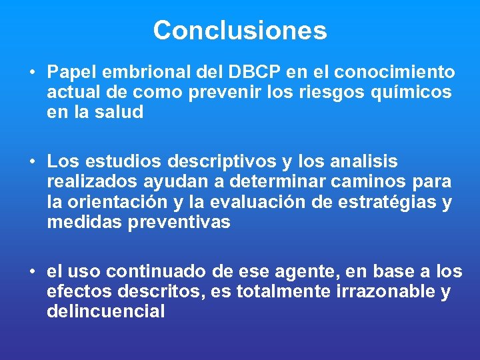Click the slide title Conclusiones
(x=240, y=31)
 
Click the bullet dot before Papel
(x=32, y=72)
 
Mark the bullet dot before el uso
(x=32, y=271)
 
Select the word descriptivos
(x=216, y=162)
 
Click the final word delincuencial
(x=105, y=311)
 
